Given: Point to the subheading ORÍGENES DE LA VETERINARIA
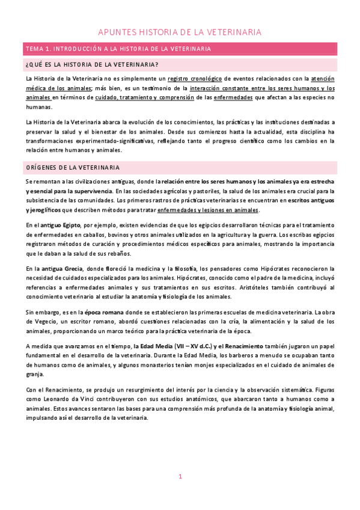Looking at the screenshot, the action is (x=73, y=167).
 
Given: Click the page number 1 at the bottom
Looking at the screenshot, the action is (x=180, y=477).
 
